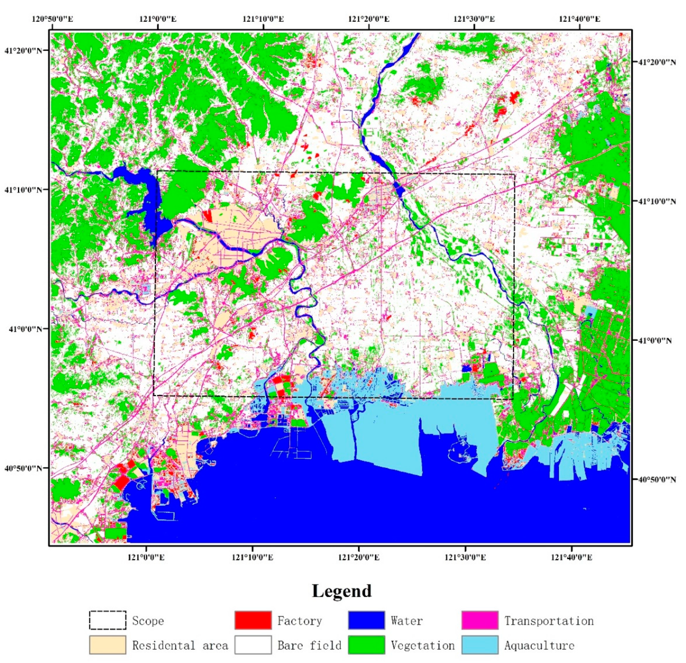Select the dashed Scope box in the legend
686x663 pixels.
(x=107, y=620)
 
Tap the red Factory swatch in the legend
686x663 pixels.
(x=253, y=620)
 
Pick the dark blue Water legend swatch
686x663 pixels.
(x=366, y=620)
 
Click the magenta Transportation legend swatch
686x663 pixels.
(x=480, y=620)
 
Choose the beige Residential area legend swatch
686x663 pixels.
(x=107, y=645)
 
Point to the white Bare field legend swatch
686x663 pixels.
(x=253, y=645)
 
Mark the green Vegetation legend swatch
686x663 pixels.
(x=366, y=645)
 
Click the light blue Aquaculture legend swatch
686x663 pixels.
(x=480, y=645)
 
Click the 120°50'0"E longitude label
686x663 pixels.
(x=53, y=18)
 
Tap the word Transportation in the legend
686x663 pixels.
(x=549, y=621)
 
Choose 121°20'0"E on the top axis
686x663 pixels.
(x=369, y=18)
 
